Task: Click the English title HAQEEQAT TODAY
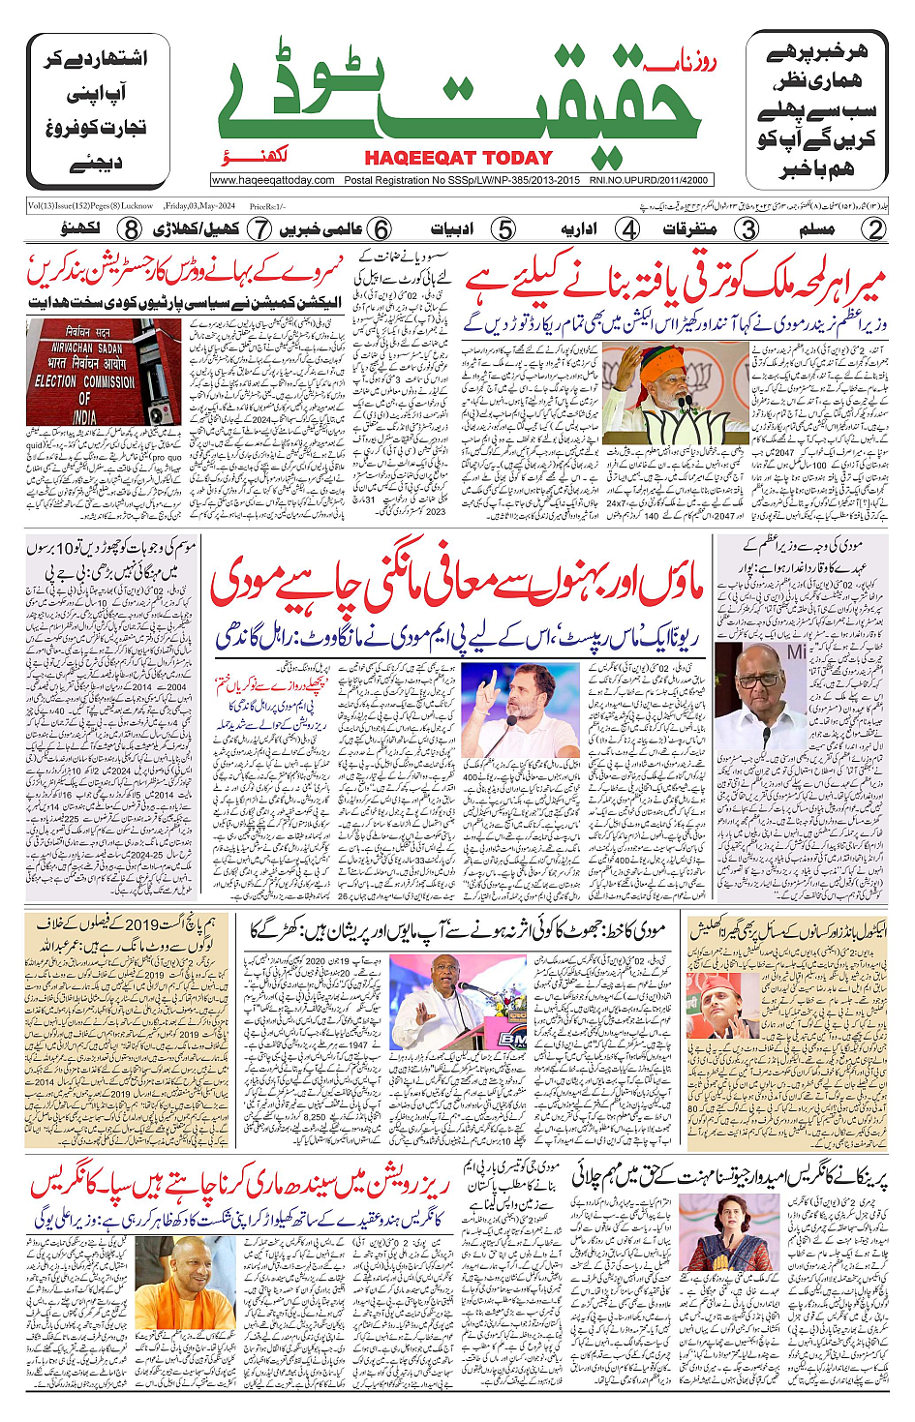click(x=458, y=158)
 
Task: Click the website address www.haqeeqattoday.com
click(x=273, y=180)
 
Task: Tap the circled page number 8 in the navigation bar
click(x=131, y=229)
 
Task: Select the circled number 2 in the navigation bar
click(x=874, y=229)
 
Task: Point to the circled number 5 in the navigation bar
click(x=503, y=229)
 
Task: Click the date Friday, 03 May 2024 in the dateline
click(x=200, y=206)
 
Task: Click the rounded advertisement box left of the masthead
click(x=94, y=110)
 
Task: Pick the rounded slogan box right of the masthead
click(x=815, y=110)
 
